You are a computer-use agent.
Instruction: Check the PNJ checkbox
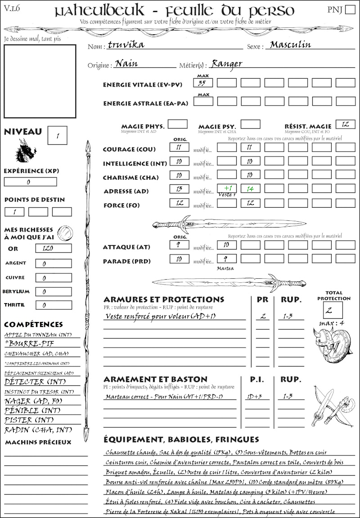click(x=349, y=10)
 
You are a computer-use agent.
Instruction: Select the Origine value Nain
click(x=126, y=63)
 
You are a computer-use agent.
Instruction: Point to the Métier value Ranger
click(x=226, y=63)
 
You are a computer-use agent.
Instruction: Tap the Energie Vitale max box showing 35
click(x=202, y=83)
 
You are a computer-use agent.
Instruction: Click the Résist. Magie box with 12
click(x=345, y=124)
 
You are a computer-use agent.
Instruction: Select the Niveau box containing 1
click(x=58, y=134)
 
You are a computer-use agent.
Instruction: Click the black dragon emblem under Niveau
click(x=26, y=150)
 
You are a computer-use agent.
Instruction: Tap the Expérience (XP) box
click(x=30, y=182)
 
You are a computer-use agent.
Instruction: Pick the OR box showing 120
click(x=53, y=248)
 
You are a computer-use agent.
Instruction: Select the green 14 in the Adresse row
click(x=250, y=189)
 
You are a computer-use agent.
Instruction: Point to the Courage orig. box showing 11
click(x=179, y=147)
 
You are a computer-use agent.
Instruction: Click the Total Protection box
click(x=333, y=310)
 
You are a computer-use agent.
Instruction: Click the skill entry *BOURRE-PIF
click(x=27, y=344)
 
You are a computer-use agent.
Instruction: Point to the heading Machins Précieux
click(x=38, y=442)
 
